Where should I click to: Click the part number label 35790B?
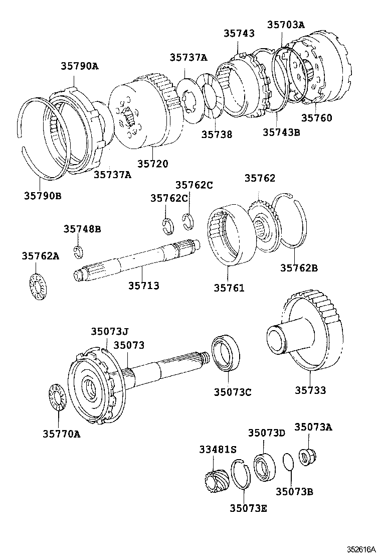(x=42, y=195)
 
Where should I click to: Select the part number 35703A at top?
(x=286, y=25)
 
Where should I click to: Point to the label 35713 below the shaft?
(x=143, y=286)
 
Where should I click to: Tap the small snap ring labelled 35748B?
(x=78, y=251)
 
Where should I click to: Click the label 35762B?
(x=298, y=268)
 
